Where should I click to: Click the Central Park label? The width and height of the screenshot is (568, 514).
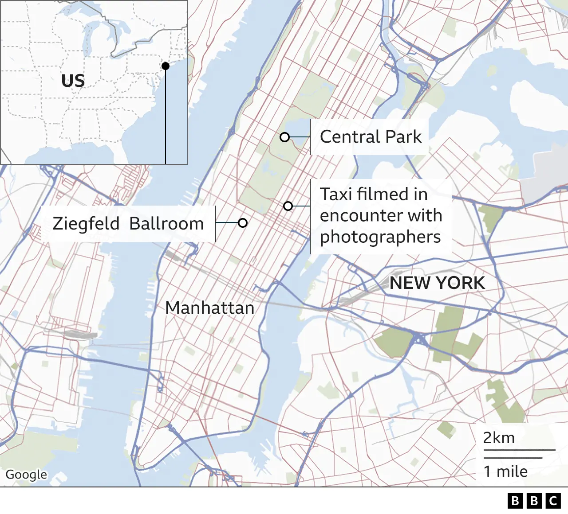pyautogui.click(x=371, y=137)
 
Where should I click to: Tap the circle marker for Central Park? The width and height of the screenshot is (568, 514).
pyautogui.click(x=285, y=137)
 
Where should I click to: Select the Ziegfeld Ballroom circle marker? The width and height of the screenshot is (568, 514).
pyautogui.click(x=242, y=223)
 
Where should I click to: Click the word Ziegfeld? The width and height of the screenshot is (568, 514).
pyautogui.click(x=86, y=224)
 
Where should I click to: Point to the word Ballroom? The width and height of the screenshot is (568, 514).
pyautogui.click(x=166, y=224)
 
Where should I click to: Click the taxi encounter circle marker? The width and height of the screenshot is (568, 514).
pyautogui.click(x=288, y=206)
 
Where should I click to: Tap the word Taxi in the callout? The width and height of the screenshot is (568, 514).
pyautogui.click(x=335, y=194)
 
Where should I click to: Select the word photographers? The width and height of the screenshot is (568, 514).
pyautogui.click(x=380, y=237)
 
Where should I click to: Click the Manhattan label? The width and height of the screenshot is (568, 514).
pyautogui.click(x=210, y=308)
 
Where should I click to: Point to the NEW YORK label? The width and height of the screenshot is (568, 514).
pyautogui.click(x=437, y=283)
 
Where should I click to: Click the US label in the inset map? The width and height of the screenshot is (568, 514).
pyautogui.click(x=73, y=81)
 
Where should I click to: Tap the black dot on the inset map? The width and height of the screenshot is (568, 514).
pyautogui.click(x=166, y=66)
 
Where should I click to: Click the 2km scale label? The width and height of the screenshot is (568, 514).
pyautogui.click(x=499, y=438)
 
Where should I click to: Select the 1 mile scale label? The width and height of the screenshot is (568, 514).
pyautogui.click(x=505, y=471)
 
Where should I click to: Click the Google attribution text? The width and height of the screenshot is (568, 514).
pyautogui.click(x=26, y=475)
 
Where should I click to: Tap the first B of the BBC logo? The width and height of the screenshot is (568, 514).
pyautogui.click(x=515, y=501)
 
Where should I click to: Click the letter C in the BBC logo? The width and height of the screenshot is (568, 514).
pyautogui.click(x=553, y=501)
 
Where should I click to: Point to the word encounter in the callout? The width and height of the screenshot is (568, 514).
pyautogui.click(x=381, y=216)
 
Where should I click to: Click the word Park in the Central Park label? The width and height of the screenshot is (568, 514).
pyautogui.click(x=404, y=137)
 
